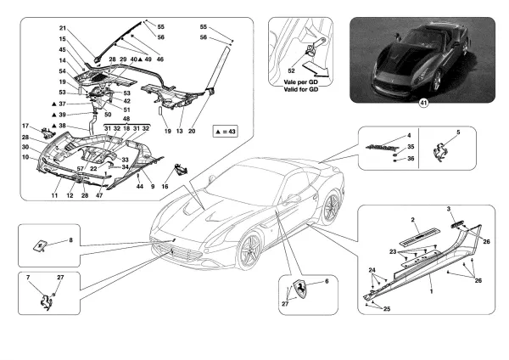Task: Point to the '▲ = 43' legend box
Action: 222,132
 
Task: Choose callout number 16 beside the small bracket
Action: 164,185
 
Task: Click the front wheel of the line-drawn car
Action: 251,250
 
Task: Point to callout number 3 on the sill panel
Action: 450,208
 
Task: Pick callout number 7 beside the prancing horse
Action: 29,278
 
